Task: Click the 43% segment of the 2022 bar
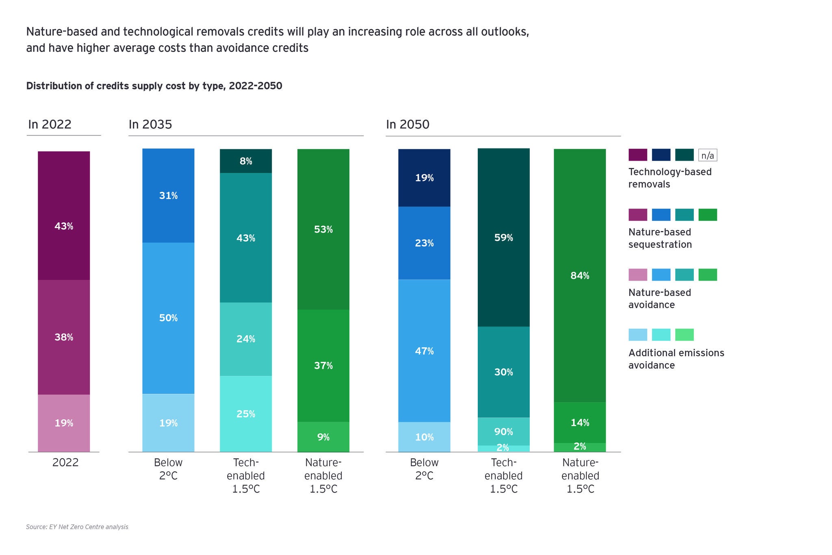[64, 215]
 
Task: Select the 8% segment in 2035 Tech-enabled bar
[246, 161]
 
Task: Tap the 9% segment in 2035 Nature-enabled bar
[323, 437]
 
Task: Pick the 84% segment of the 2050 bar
[580, 276]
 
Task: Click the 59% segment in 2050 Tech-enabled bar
[504, 237]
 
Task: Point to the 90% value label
[504, 432]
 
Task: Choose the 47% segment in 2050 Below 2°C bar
[424, 350]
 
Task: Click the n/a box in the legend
[708, 155]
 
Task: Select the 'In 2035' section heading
[150, 124]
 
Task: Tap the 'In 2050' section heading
[407, 124]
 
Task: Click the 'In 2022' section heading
[50, 124]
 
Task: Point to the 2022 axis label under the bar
[65, 462]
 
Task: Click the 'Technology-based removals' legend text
[670, 178]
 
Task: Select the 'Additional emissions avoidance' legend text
[676, 359]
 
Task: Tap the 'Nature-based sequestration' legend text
[660, 238]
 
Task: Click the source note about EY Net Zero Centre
[77, 527]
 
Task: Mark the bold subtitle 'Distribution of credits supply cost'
[154, 86]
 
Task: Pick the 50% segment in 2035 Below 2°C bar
[168, 318]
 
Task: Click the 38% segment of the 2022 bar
[64, 337]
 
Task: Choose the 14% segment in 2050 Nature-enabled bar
[580, 422]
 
